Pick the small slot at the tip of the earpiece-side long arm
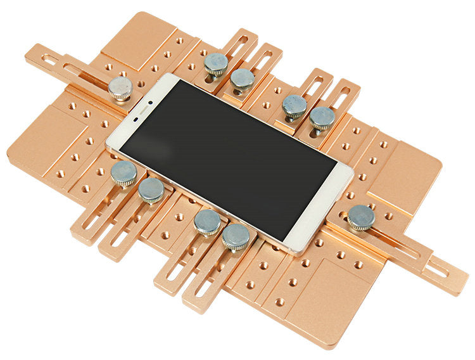tap(49, 60)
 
